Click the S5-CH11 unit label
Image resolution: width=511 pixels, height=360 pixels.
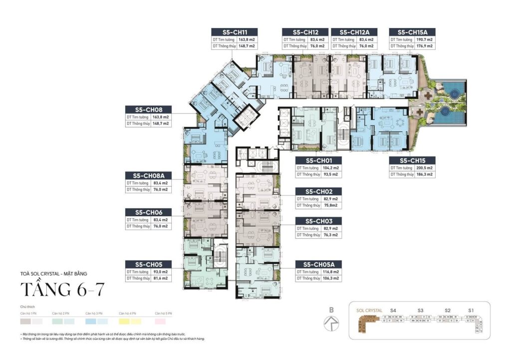tap(233, 31)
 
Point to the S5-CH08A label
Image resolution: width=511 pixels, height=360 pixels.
tap(149, 175)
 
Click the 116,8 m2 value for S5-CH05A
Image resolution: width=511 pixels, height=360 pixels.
tap(329, 272)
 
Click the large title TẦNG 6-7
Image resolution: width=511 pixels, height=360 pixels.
tap(62, 290)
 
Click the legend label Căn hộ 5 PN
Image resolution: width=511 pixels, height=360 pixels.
tap(163, 313)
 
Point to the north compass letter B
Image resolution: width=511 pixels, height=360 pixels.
tap(330, 310)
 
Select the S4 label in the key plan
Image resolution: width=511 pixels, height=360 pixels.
tap(393, 311)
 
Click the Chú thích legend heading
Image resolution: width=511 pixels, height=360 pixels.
tap(27, 307)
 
